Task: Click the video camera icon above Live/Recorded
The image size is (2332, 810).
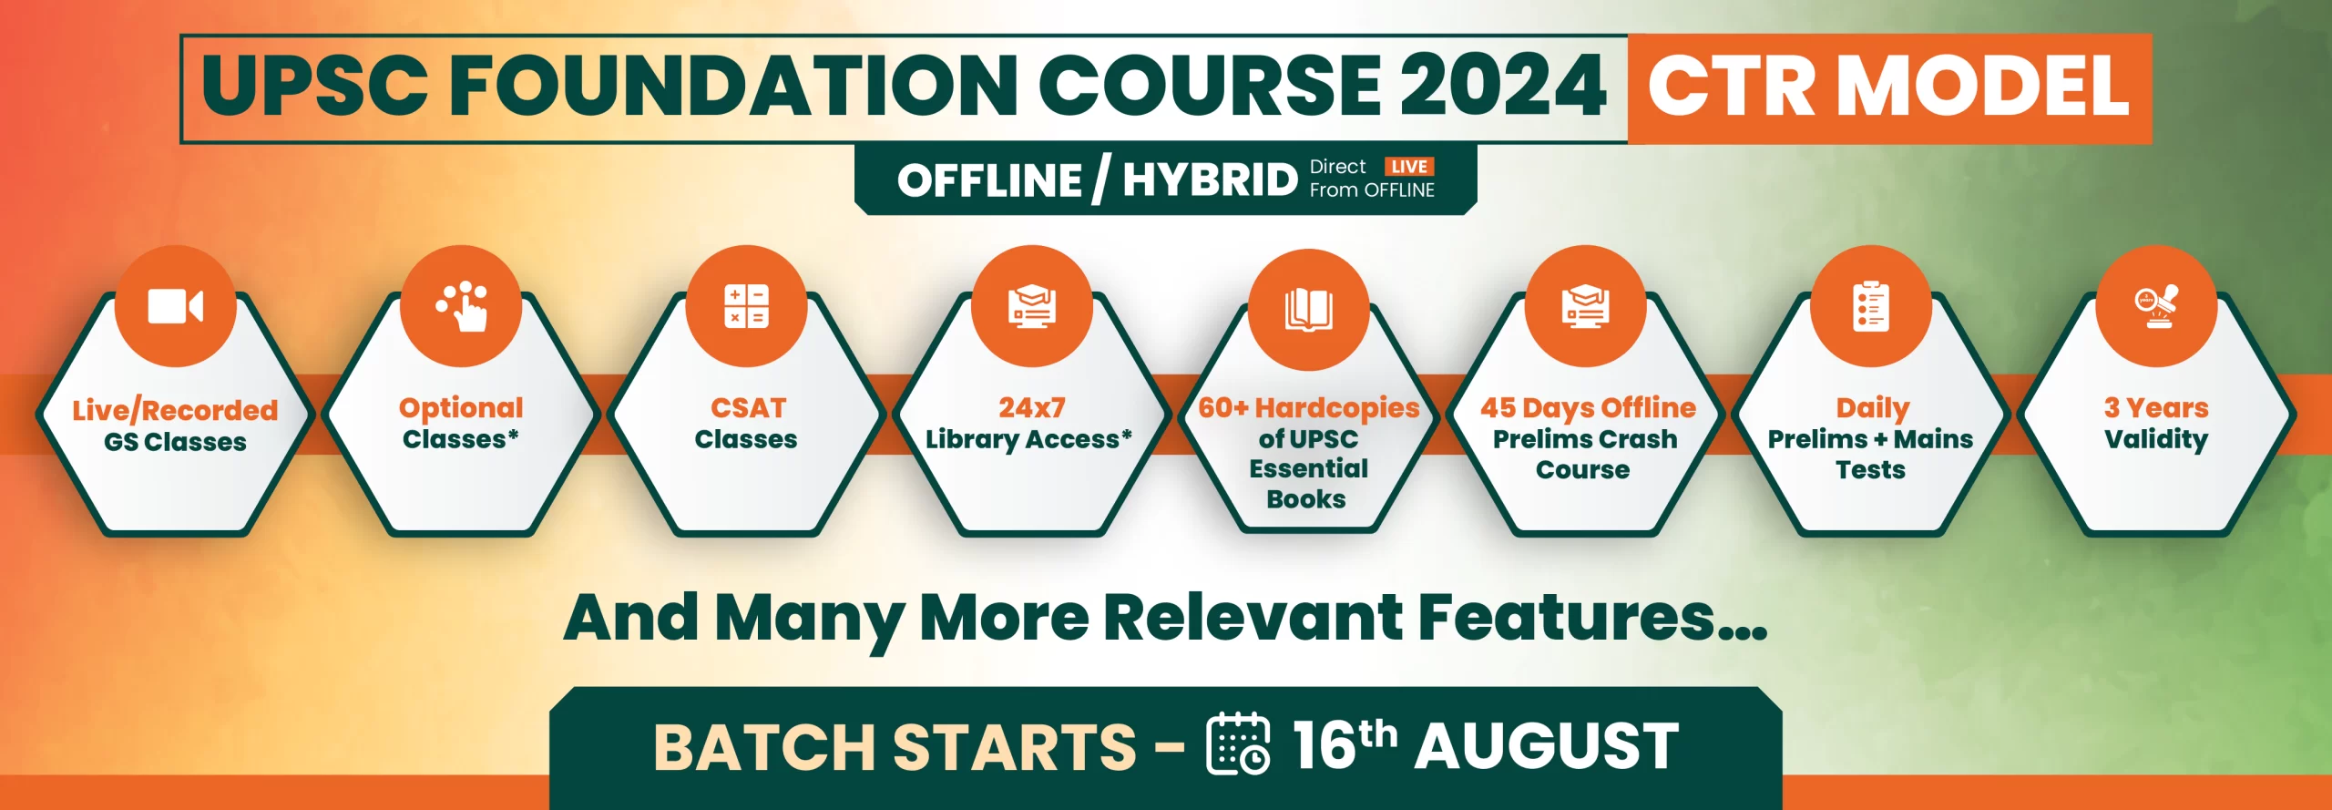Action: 175,306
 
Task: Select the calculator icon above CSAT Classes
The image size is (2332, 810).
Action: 746,306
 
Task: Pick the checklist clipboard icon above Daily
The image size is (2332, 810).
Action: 1871,306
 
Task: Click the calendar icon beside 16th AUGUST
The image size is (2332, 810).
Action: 1238,743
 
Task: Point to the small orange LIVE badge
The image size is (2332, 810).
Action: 1409,167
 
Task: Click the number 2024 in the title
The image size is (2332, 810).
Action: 1503,86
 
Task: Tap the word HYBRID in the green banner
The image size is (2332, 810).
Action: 1210,179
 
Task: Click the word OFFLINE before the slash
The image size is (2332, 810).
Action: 989,179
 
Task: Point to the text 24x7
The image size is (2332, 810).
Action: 1031,407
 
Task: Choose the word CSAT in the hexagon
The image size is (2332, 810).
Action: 748,407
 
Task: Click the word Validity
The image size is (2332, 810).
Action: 2156,440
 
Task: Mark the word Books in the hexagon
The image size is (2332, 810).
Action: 1306,499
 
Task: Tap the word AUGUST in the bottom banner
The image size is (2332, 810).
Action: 1547,745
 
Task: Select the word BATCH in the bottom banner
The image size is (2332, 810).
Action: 765,747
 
